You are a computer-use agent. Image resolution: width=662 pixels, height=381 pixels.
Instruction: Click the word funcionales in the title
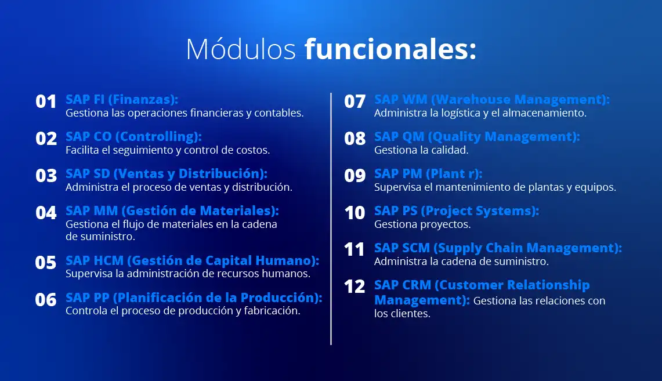[x=390, y=49]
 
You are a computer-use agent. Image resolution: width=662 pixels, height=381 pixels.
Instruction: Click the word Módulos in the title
[x=241, y=49]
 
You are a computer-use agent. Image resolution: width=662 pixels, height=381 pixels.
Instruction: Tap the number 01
[x=46, y=101]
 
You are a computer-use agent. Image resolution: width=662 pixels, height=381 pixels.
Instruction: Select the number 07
[x=354, y=101]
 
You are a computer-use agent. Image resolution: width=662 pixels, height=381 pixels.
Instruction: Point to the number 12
[x=354, y=287]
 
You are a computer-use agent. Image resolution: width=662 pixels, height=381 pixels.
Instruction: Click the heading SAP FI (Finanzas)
[x=122, y=100]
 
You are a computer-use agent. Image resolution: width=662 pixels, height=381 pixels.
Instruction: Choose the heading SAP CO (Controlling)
[x=133, y=137]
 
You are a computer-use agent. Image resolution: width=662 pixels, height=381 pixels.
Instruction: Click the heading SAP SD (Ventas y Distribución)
[x=167, y=174]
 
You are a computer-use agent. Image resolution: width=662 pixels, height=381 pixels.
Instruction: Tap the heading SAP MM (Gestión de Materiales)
[x=172, y=211]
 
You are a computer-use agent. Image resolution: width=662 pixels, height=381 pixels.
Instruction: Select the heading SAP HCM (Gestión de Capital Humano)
[x=192, y=261]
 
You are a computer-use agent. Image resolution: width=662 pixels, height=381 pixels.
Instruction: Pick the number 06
[x=46, y=300]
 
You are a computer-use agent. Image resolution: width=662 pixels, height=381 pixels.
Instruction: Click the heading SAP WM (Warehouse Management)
[x=492, y=100]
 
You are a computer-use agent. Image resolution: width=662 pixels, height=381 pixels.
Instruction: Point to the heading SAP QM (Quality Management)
[x=477, y=137]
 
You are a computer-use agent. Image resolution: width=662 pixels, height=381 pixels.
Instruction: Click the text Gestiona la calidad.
[x=421, y=150]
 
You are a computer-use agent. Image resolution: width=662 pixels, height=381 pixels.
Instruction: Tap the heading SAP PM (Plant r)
[x=428, y=174]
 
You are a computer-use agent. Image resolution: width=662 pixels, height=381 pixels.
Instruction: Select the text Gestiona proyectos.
[x=422, y=224]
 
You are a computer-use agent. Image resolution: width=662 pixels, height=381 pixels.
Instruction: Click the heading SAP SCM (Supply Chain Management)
[x=498, y=248]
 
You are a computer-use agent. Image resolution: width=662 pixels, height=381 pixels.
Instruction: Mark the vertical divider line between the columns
[x=331, y=219]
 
